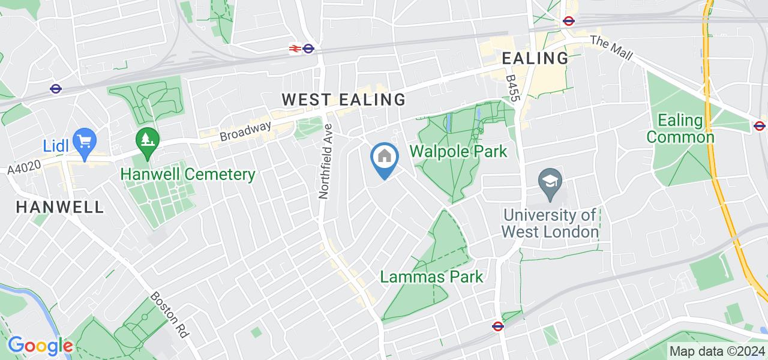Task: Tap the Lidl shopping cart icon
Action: pos(85,142)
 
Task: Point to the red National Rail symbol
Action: pos(295,49)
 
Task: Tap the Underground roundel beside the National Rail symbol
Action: pos(308,49)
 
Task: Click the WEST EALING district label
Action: pos(344,100)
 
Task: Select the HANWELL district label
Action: pos(59,208)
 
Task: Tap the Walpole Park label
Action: pos(459,151)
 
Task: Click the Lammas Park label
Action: pos(431,277)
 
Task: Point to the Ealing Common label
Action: pos(680,128)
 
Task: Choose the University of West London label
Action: pos(550,223)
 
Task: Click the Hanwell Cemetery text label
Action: pos(188,175)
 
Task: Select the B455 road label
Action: pos(511,88)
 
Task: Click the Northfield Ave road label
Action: pos(326,162)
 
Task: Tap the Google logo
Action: pos(40,346)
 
